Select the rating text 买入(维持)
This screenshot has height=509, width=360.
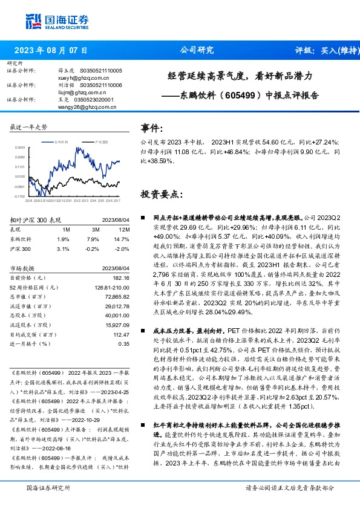pos(333,51)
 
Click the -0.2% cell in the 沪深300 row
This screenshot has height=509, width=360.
pos(92,249)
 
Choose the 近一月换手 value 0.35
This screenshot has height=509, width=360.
pos(123,343)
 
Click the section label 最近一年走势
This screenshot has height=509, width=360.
pos(28,126)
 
